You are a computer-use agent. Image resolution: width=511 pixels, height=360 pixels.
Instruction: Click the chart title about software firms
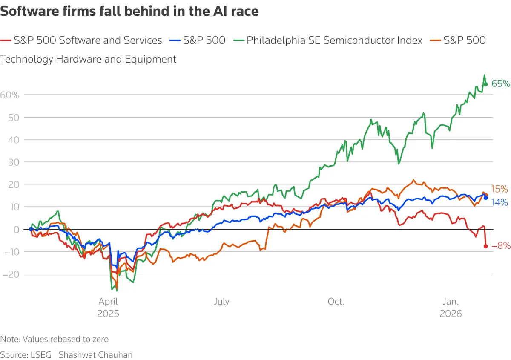129,12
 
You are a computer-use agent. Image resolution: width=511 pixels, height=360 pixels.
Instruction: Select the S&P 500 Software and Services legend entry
88,40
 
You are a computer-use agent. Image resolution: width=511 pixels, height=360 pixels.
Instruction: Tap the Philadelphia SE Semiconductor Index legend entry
334,40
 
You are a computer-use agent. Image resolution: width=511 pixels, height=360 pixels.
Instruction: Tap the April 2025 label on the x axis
109,307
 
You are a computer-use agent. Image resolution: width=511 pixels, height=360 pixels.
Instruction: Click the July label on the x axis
221,302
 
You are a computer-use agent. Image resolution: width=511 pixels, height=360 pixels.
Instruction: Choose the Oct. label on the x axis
336,302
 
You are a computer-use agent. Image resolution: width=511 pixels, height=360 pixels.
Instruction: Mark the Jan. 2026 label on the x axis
451,307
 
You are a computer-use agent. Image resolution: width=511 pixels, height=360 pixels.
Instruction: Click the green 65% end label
500,84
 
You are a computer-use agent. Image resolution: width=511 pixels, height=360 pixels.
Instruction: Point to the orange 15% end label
500,189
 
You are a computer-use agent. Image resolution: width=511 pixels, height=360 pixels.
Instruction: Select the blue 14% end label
500,203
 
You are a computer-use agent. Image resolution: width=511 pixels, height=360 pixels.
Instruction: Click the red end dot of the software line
485,246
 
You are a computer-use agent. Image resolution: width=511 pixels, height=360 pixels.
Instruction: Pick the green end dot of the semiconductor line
485,84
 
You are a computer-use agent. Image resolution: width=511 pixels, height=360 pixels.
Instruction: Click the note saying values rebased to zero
55,340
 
